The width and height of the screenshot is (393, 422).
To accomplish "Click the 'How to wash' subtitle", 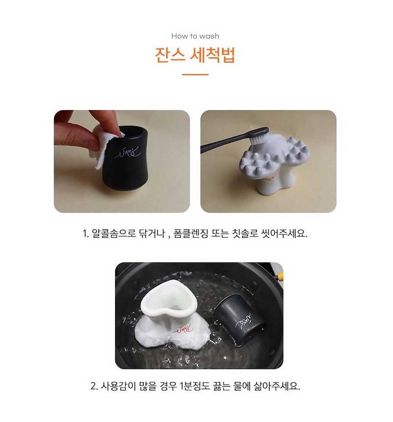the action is click(x=195, y=36).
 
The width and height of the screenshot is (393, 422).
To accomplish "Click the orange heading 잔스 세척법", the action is click(x=195, y=55).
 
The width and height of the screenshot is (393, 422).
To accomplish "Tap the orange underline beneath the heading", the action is click(x=196, y=74).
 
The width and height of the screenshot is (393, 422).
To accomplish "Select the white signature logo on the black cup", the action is click(x=127, y=153).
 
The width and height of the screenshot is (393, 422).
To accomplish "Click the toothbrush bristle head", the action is click(x=258, y=139).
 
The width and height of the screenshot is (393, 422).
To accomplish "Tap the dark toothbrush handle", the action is click(x=231, y=140).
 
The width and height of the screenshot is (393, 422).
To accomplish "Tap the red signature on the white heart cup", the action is click(x=184, y=330).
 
